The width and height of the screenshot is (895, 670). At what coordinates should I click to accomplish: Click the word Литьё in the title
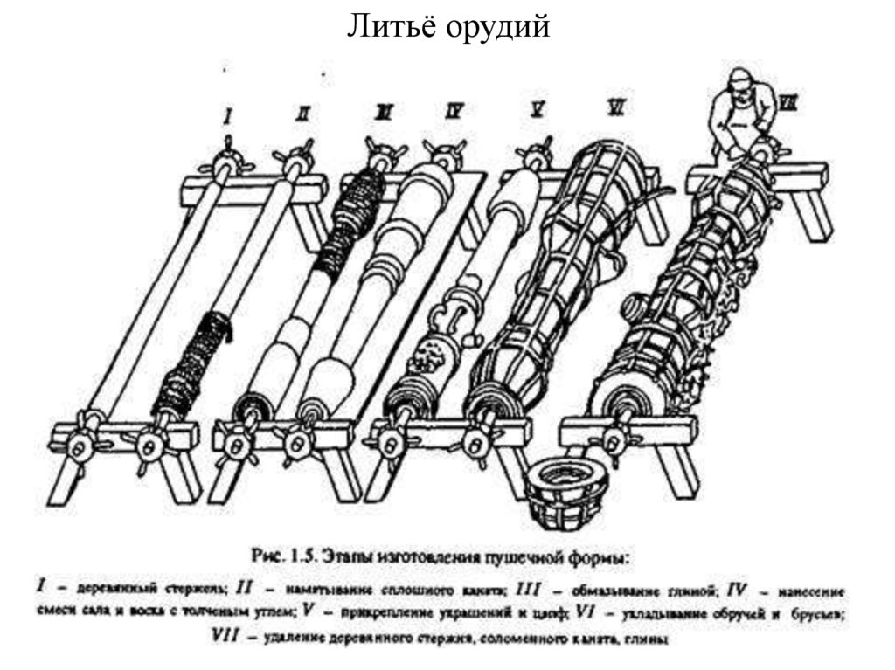coord(388,27)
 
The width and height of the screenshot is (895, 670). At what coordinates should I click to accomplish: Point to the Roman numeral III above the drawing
coord(382,112)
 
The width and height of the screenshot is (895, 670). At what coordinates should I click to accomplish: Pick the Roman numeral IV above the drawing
coord(454,111)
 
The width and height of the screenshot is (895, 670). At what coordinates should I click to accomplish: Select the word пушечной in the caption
coord(522,555)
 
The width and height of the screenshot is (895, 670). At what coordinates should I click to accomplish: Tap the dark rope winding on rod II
coord(190,362)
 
